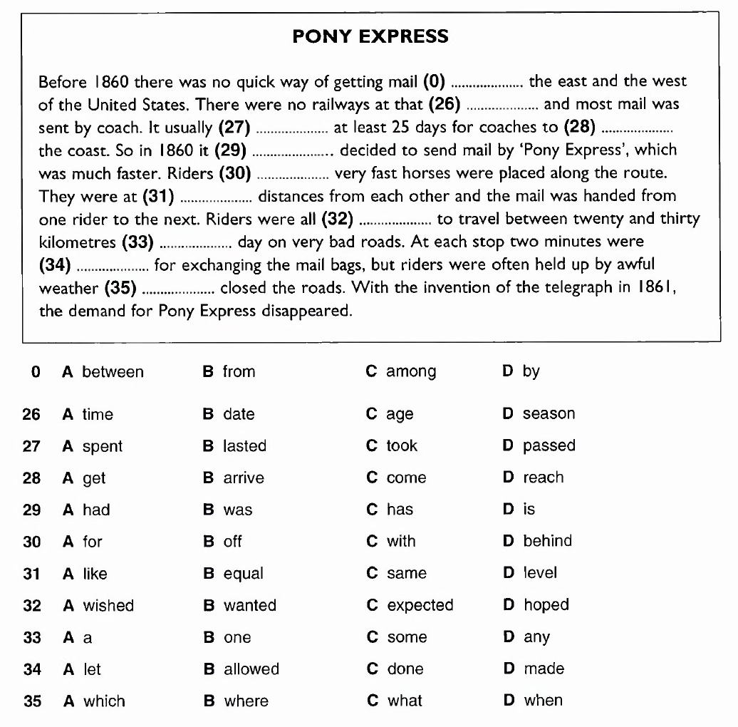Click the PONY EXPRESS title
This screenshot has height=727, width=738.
370,36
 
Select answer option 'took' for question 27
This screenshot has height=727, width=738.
402,446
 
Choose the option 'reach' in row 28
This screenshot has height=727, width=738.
543,478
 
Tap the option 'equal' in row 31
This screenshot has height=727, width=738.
243,574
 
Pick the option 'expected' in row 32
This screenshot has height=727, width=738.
420,605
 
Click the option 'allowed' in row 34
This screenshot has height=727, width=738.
251,669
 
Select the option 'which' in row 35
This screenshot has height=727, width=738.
104,701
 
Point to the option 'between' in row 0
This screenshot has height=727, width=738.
113,372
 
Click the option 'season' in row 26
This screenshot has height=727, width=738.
549,414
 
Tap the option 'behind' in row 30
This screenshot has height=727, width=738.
547,541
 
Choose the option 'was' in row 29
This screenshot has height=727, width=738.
238,510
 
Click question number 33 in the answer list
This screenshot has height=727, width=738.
32,638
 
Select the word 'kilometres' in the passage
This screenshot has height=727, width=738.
78,242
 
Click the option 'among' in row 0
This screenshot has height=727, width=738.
411,372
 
